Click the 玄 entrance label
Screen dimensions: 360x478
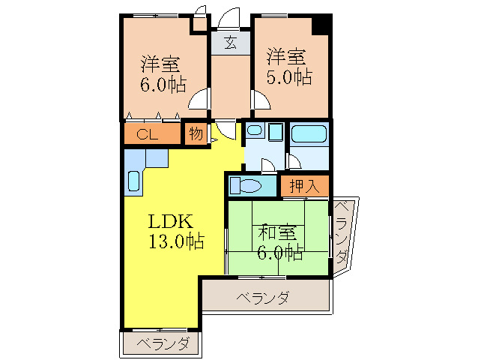230,43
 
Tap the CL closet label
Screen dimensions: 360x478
147,135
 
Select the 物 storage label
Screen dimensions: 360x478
196,135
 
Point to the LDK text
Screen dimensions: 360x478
171,222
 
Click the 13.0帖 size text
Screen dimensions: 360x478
175,241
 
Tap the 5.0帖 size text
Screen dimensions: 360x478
288,76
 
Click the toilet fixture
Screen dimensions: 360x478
244,184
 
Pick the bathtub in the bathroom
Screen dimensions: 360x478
309,134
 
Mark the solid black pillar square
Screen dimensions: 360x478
321,24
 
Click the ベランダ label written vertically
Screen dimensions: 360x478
342,233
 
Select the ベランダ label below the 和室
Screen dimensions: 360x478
263,298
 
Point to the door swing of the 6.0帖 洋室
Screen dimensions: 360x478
199,100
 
